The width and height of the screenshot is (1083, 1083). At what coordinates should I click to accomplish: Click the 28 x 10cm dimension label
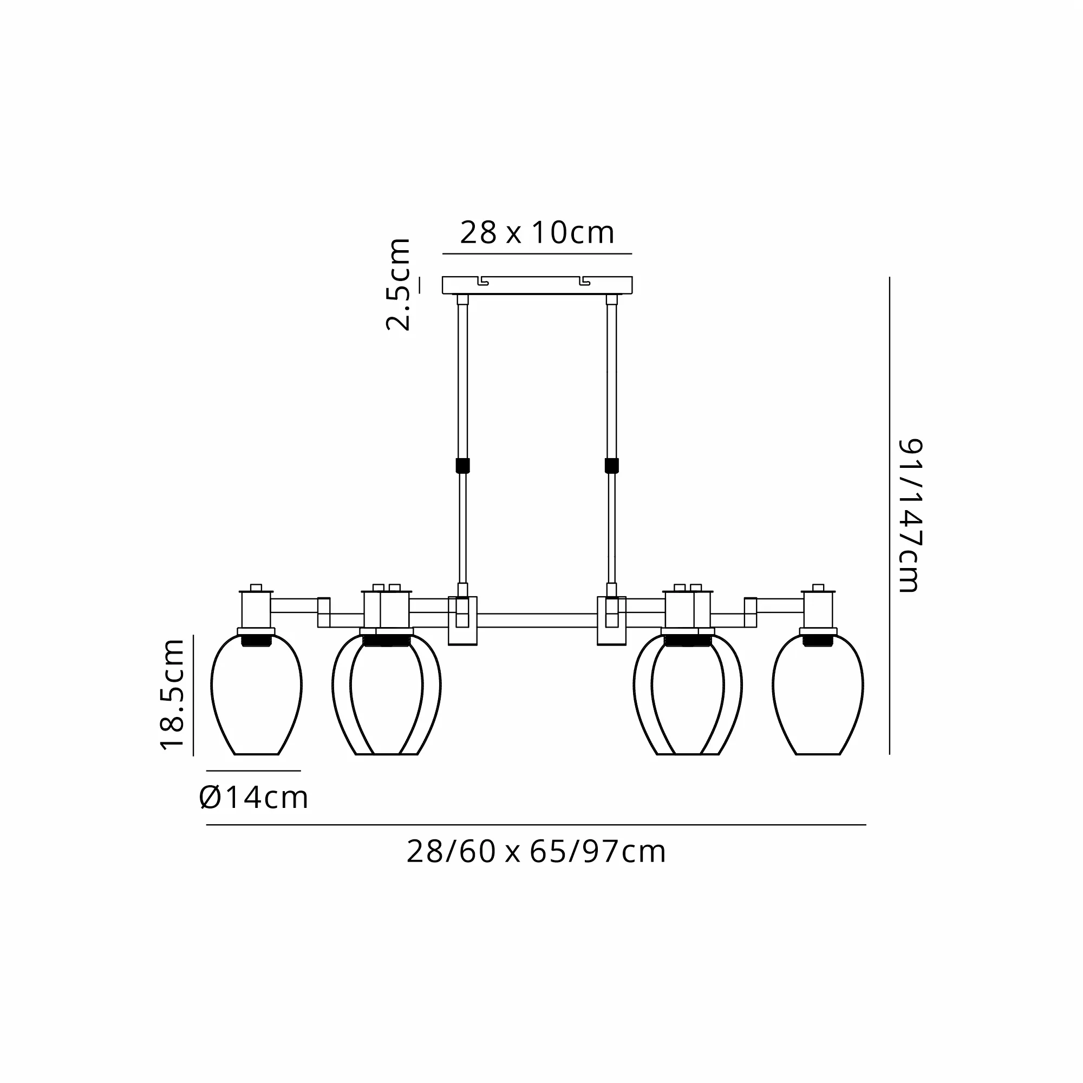pos(537,233)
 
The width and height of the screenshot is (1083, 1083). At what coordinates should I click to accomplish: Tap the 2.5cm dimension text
pos(399,284)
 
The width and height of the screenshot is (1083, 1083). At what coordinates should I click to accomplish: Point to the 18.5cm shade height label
pos(172,694)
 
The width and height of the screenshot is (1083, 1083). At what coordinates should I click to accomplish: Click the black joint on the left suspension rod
pos(462,465)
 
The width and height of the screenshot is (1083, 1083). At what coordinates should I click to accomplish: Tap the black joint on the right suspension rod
pos(611,465)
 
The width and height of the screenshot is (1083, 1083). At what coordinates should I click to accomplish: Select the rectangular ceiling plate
pos(537,285)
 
